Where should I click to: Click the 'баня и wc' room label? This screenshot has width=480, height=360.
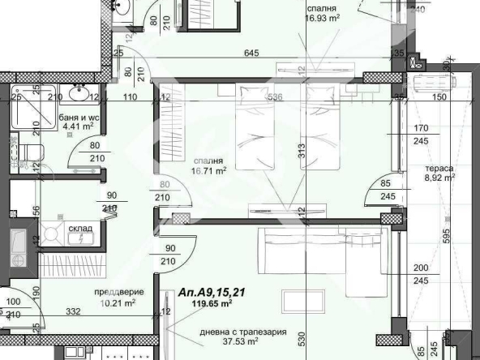(x=79, y=117)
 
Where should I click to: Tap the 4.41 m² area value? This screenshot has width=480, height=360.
(x=79, y=126)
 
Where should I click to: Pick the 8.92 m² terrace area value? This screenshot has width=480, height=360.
(x=440, y=180)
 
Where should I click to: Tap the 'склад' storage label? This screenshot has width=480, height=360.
(x=79, y=229)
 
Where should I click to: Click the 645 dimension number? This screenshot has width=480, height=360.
(x=253, y=54)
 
